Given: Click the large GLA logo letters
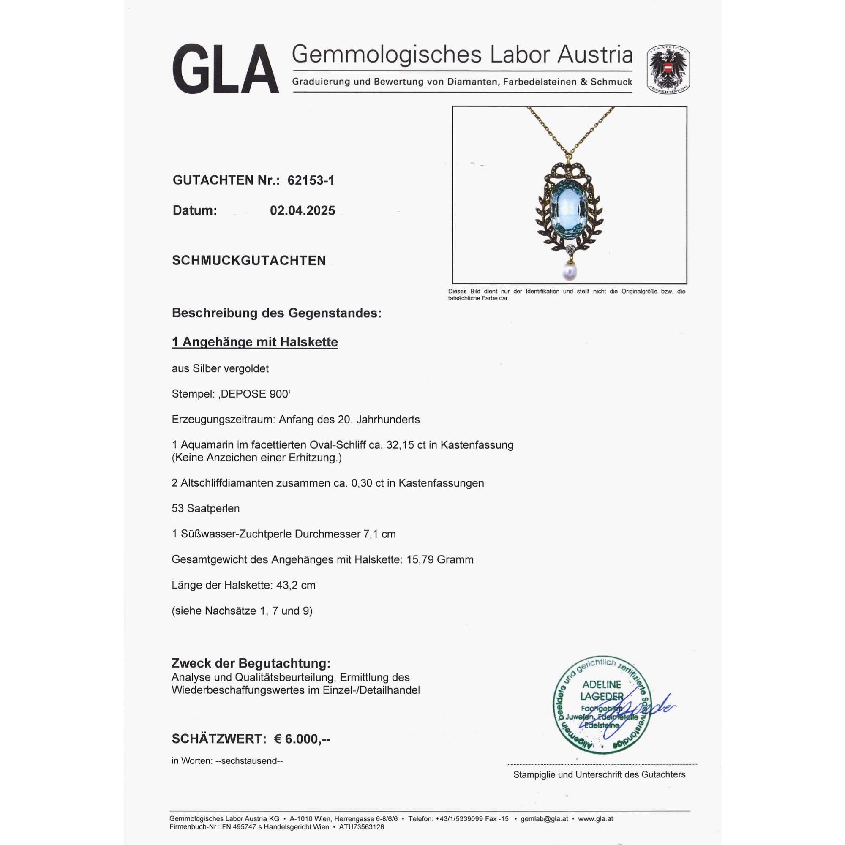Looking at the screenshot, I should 225,69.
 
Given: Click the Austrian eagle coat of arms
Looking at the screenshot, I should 668,70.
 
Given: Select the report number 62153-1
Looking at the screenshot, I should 311,180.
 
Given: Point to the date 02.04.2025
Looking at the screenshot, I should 302,210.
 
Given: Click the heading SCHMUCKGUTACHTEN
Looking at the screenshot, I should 249,261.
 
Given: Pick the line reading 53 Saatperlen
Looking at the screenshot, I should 206,509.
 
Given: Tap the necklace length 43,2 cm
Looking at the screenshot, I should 296,585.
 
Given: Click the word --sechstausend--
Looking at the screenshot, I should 249,761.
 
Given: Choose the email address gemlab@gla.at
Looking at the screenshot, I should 544,819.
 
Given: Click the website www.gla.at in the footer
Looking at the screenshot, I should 595,819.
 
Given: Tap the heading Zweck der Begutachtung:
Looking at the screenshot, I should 251,663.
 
